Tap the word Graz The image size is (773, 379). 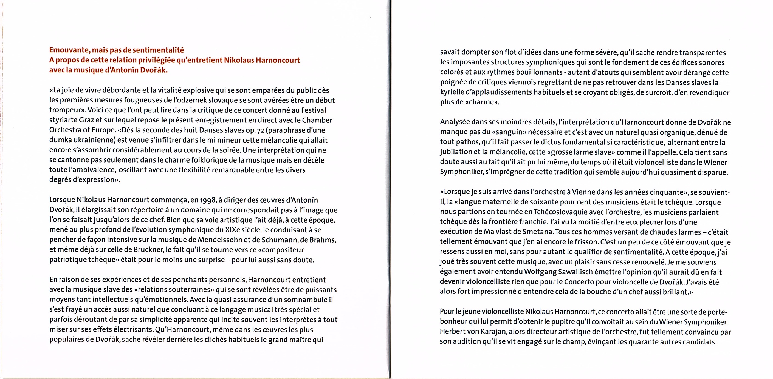(x=86, y=120)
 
